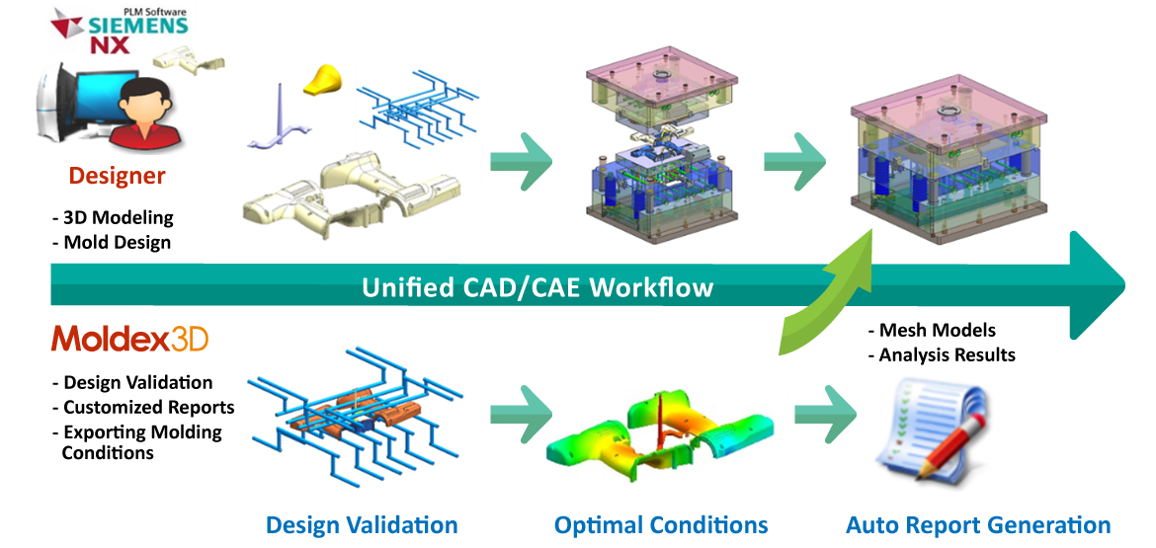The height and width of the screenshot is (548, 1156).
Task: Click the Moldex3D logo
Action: (x=129, y=340)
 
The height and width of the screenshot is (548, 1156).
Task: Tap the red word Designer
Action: (x=118, y=176)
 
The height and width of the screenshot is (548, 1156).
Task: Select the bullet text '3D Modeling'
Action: (x=113, y=218)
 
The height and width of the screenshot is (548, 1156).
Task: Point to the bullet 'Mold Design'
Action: (x=112, y=242)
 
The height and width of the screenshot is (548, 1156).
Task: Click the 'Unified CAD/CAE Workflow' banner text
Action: (x=537, y=285)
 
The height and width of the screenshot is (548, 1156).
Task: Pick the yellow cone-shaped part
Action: (x=324, y=79)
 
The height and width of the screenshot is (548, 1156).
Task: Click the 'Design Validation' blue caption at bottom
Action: (x=362, y=525)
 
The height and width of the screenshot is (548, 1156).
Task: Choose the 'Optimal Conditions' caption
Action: (x=661, y=525)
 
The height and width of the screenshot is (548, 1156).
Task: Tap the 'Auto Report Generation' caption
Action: (x=977, y=525)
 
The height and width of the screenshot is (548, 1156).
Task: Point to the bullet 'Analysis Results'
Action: (x=942, y=355)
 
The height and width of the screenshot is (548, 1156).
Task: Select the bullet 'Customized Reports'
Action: (x=143, y=407)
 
